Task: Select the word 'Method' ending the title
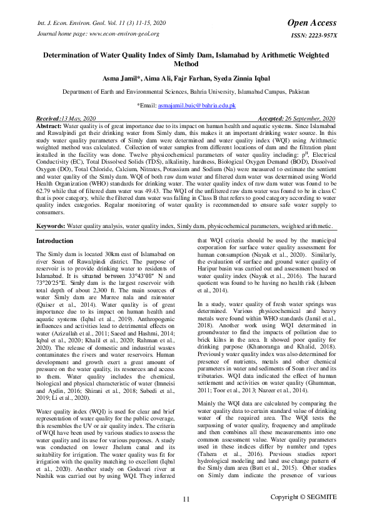click(186, 64)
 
